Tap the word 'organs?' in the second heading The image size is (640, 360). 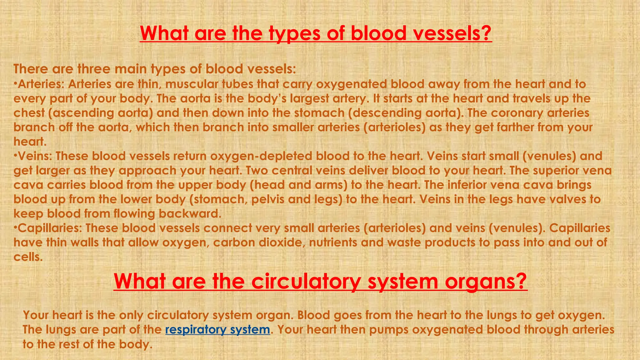486,281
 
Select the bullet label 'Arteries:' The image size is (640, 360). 41,84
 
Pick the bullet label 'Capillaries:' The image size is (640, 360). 50,228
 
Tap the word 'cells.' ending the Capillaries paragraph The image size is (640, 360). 28,257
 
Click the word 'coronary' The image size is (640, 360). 517,113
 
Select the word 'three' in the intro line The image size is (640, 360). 92,69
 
